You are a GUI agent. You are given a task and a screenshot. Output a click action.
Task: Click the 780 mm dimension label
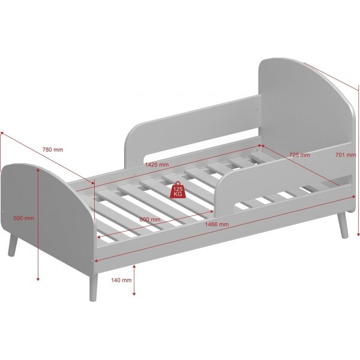pyautogui.click(x=53, y=149)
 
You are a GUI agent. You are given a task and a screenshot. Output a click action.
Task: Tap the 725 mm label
pyautogui.click(x=299, y=155)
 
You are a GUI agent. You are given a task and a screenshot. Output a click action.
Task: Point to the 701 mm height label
pyautogui.click(x=346, y=155)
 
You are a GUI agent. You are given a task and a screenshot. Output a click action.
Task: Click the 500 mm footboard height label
pyautogui.click(x=23, y=218)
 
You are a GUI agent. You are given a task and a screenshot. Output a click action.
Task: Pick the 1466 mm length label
pyautogui.click(x=217, y=224)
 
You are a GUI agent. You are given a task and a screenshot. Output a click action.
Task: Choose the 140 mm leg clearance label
pyautogui.click(x=121, y=280)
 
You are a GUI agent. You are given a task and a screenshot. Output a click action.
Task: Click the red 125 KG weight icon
pyautogui.click(x=178, y=190)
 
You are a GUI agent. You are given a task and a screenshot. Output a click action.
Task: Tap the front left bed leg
pyautogui.click(x=93, y=287)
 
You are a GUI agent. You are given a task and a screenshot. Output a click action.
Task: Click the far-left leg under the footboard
pyautogui.click(x=13, y=245)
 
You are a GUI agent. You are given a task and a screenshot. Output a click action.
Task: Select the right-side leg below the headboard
pyautogui.click(x=343, y=225)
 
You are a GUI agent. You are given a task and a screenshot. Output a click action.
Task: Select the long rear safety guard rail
pyautogui.click(x=193, y=131)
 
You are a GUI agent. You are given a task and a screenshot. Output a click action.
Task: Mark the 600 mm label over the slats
pyautogui.click(x=150, y=220)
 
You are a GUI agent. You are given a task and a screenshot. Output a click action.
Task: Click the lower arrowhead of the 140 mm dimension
pyautogui.click(x=134, y=294)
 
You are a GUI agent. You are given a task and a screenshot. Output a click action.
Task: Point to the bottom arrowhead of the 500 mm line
pyautogui.click(x=38, y=279)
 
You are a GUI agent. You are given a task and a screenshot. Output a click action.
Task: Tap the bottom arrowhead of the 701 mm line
pyautogui.click(x=358, y=234)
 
